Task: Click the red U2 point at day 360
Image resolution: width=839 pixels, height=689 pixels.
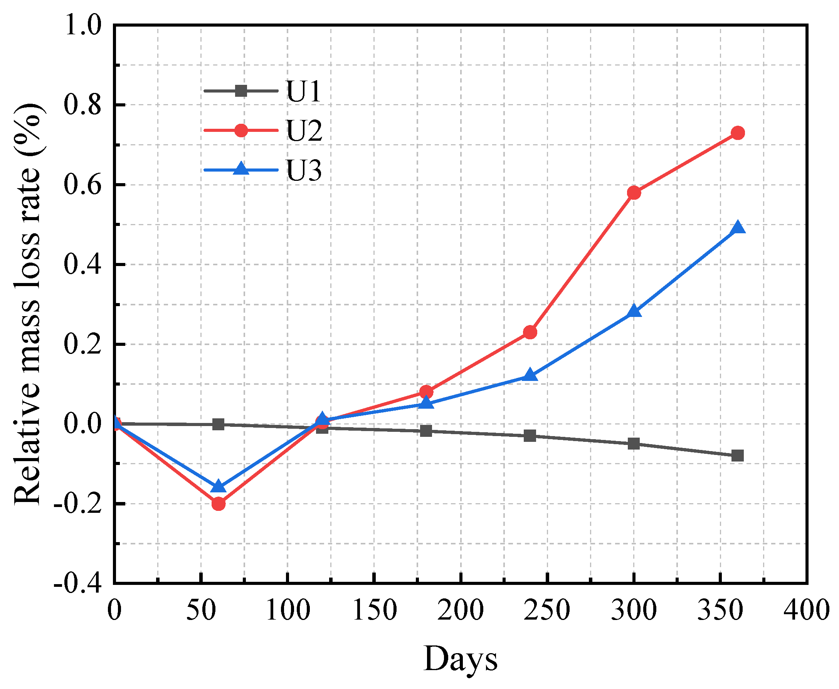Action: click(x=737, y=133)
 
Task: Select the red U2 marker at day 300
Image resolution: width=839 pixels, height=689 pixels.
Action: click(x=634, y=193)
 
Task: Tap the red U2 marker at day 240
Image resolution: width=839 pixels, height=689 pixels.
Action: click(x=530, y=332)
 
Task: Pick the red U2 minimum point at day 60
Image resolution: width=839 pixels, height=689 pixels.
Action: click(x=218, y=504)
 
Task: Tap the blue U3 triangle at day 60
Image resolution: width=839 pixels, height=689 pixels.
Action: click(x=218, y=487)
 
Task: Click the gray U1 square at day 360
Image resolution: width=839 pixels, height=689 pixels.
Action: click(x=737, y=456)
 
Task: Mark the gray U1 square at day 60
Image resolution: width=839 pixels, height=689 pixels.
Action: click(x=218, y=424)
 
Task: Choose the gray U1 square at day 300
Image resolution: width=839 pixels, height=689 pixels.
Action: click(x=634, y=444)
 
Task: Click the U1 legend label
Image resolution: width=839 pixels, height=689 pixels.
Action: click(x=303, y=92)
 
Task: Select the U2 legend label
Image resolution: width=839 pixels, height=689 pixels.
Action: click(x=304, y=131)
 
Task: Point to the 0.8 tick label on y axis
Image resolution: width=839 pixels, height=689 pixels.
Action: click(x=82, y=106)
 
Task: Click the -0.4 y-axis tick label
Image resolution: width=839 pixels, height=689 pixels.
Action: click(x=78, y=584)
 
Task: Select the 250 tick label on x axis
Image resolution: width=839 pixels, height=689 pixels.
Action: click(x=546, y=610)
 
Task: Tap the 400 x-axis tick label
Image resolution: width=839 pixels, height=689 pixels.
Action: click(x=807, y=610)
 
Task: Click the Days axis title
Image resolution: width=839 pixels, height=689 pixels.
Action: click(x=460, y=659)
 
